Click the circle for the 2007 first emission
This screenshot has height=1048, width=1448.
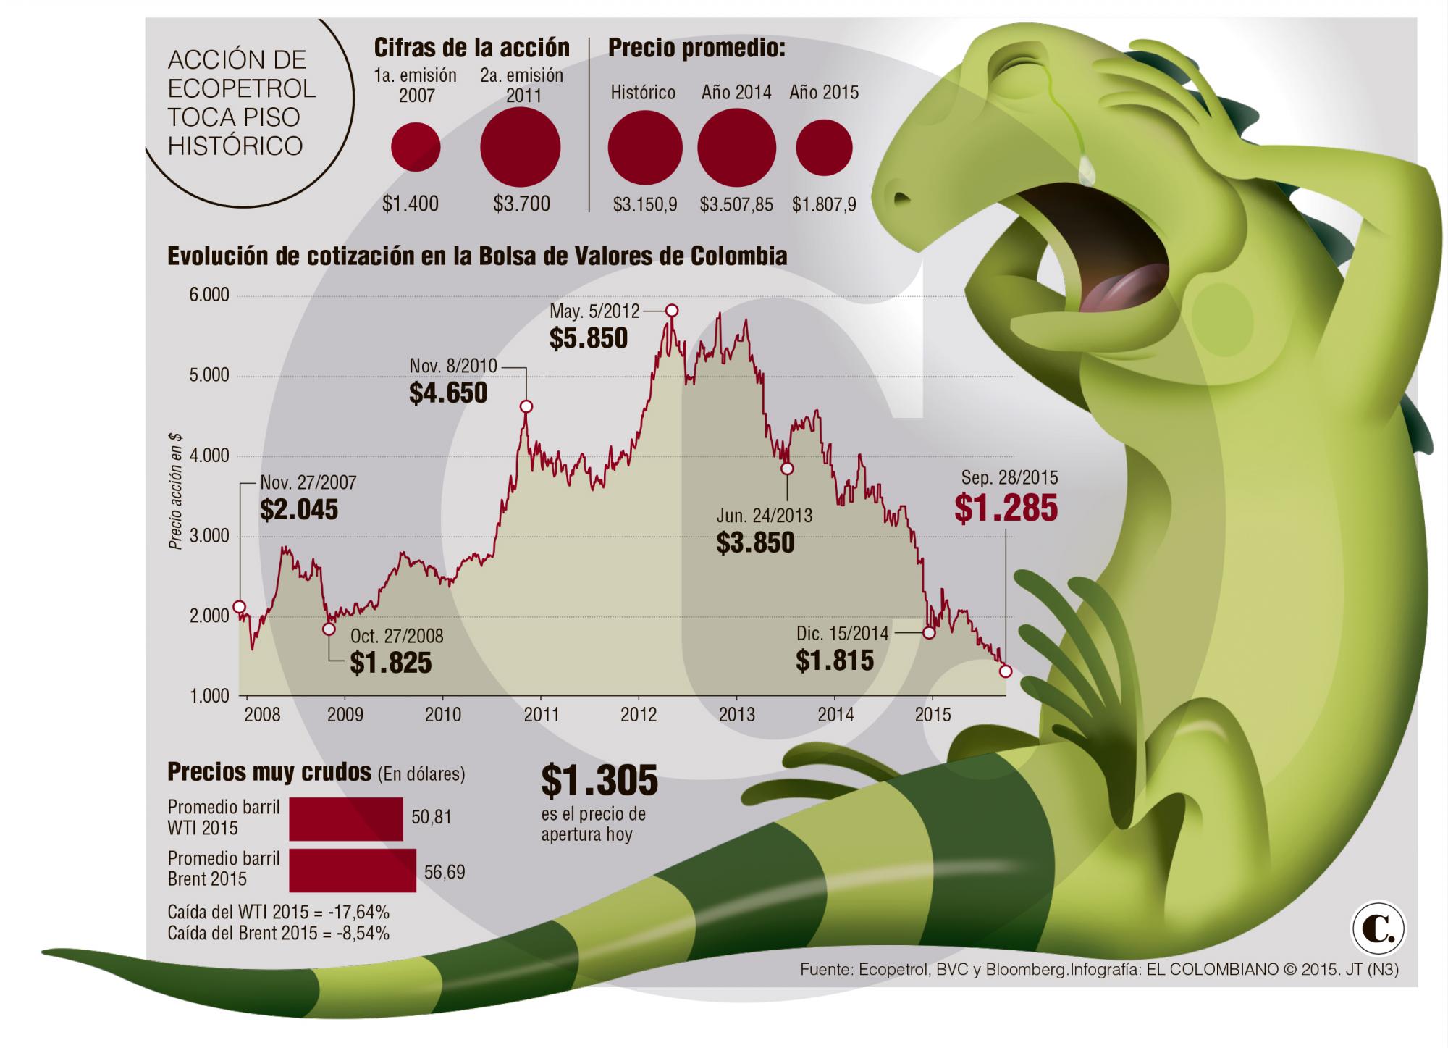coord(416,147)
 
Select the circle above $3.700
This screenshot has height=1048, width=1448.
coord(521,147)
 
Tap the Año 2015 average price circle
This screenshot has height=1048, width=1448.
coord(824,147)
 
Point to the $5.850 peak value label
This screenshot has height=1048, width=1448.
coord(589,338)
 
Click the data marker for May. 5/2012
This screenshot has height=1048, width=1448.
coord(672,310)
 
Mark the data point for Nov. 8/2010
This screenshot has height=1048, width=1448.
coord(526,406)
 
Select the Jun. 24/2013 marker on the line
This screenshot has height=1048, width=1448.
coord(787,469)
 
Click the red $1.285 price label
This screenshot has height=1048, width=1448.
coord(1006,508)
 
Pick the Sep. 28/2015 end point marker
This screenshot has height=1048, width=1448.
coord(1006,671)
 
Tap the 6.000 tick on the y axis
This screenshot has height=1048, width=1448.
coord(209,295)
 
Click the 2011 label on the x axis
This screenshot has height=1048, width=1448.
coord(541,715)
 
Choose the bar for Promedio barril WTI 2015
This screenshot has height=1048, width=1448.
coord(346,819)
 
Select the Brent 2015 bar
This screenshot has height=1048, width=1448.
coord(353,870)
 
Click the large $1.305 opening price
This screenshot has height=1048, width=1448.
coord(599,780)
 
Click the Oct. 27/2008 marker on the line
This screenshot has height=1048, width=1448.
coord(329,629)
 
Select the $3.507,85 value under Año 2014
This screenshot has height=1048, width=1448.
coord(736,205)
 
